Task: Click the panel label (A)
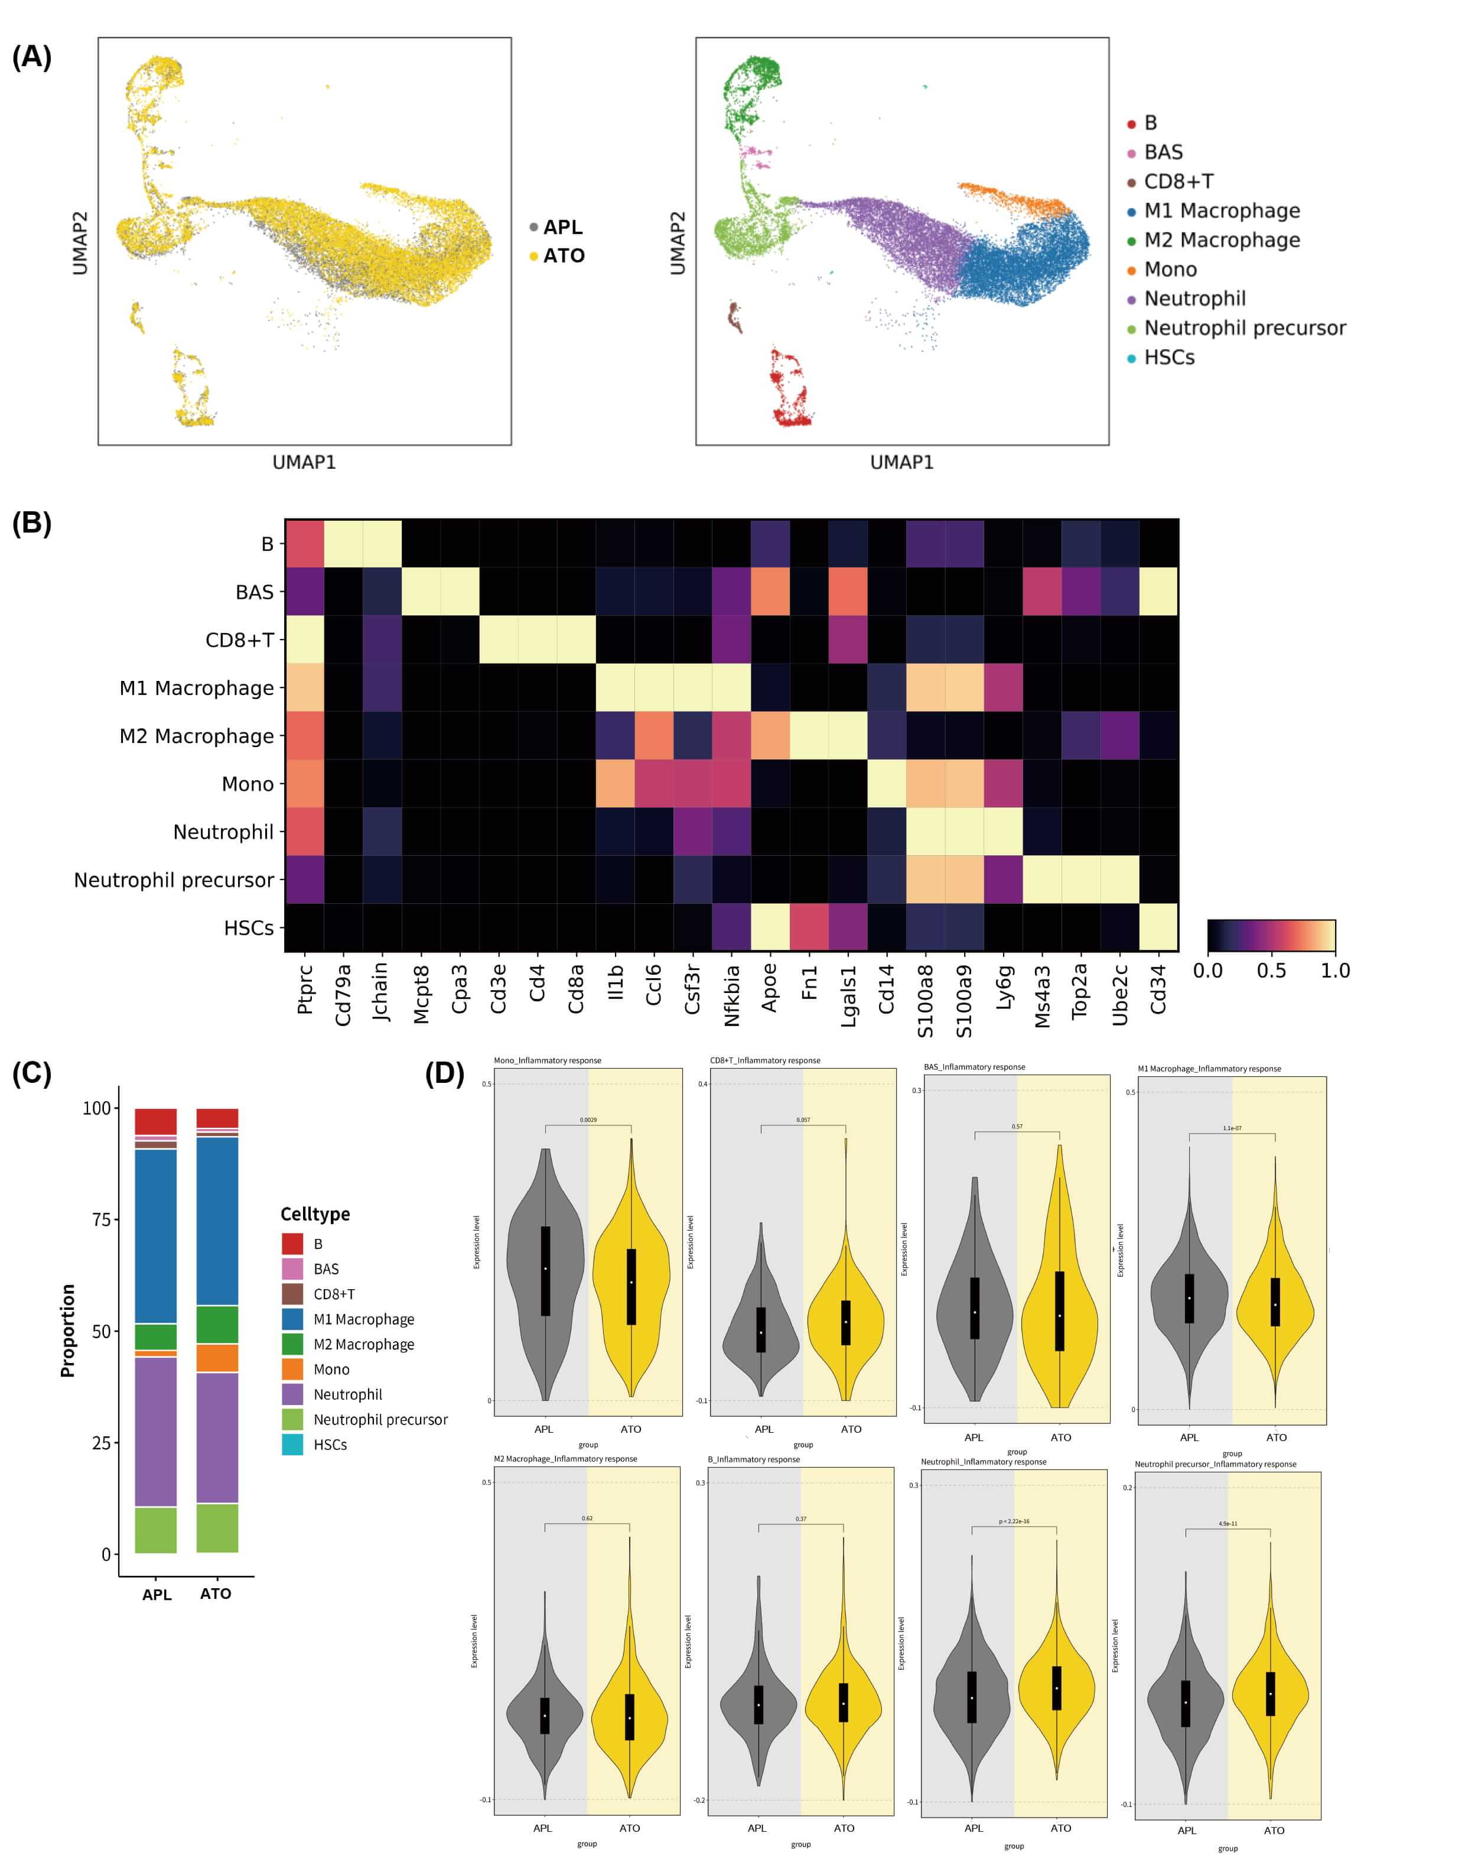coord(32,57)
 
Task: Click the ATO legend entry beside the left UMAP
coord(563,256)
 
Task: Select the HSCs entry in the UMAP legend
coord(1168,358)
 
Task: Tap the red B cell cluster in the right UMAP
coord(790,391)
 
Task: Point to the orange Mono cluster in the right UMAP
coord(1012,198)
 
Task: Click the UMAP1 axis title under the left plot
coord(304,462)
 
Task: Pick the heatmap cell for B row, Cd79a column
coord(343,543)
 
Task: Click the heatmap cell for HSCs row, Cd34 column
coord(1158,927)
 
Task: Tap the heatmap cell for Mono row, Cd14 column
coord(886,783)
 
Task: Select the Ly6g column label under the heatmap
coord(1004,988)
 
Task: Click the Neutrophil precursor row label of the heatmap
coord(174,880)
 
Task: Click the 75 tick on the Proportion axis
coord(100,1219)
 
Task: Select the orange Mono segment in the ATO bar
coord(217,1358)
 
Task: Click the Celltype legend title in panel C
coord(315,1214)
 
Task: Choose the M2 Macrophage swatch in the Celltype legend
coord(292,1344)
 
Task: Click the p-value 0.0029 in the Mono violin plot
coord(588,1120)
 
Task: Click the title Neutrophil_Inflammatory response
coord(983,1461)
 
